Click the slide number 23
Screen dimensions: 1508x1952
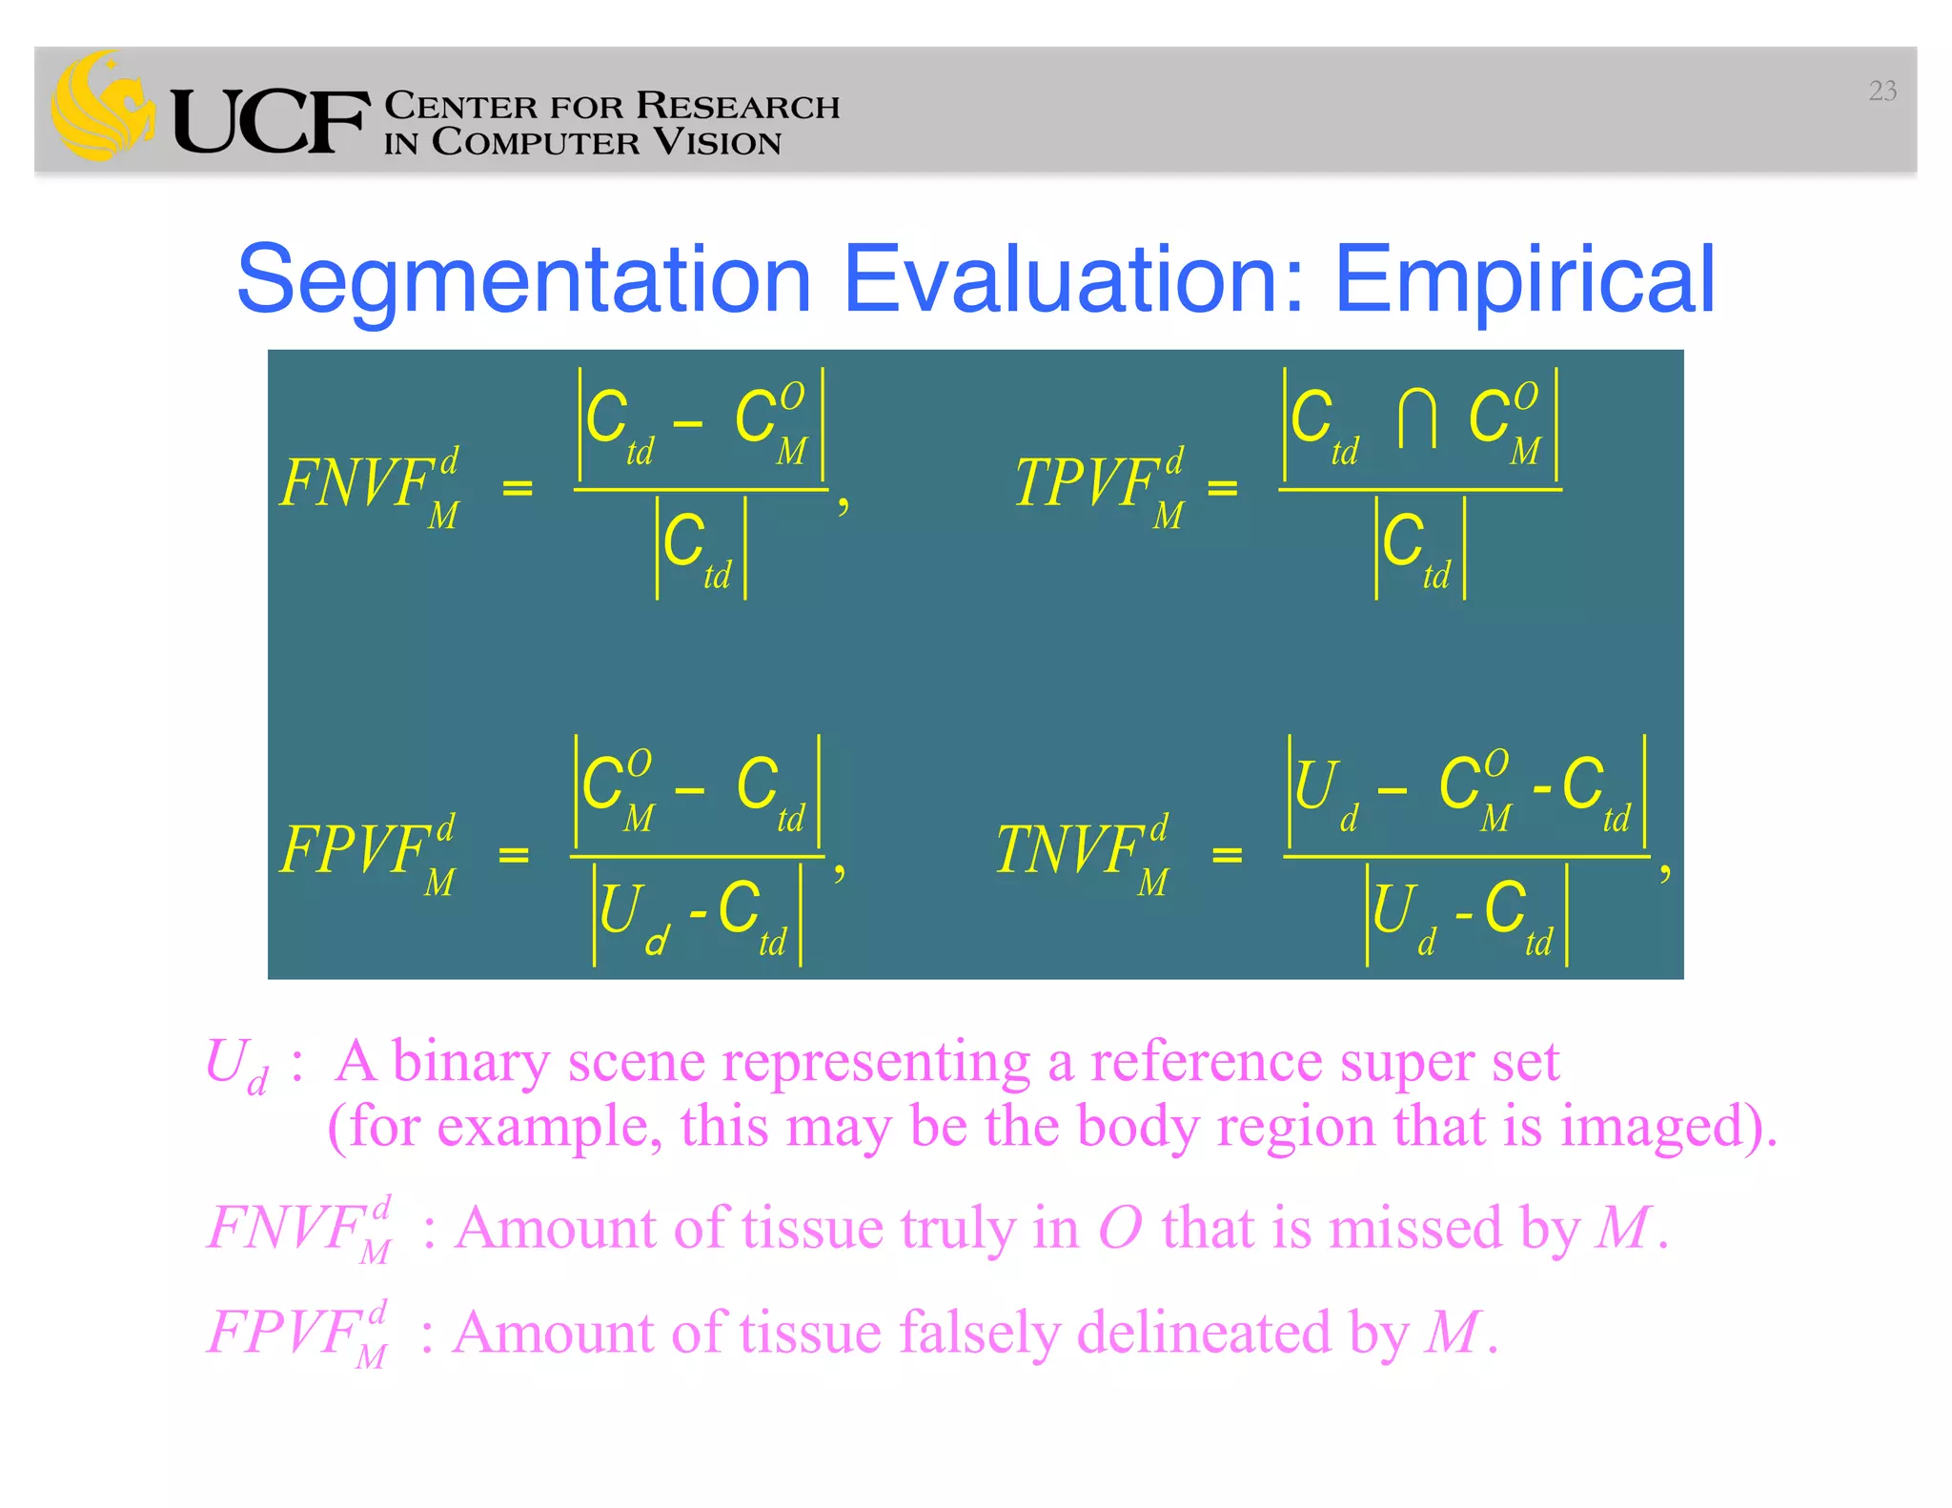[x=1881, y=91]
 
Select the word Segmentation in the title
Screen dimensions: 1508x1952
[x=523, y=279]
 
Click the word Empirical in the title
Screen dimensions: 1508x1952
[x=1524, y=279]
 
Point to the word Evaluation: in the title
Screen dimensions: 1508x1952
[x=1074, y=279]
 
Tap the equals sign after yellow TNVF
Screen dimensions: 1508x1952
[x=1227, y=855]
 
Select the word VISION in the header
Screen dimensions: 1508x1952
[x=717, y=143]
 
